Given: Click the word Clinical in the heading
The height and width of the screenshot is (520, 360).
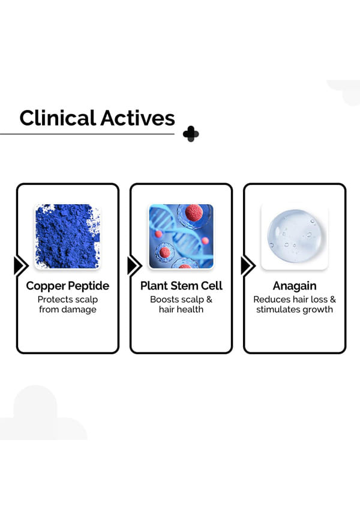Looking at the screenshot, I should click(x=57, y=118).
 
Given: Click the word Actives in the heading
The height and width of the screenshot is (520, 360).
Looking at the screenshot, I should click(x=137, y=118).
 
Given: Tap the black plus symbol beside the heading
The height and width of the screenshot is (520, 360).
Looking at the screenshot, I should click(x=191, y=134).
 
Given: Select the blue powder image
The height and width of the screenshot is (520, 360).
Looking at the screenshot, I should click(x=67, y=236).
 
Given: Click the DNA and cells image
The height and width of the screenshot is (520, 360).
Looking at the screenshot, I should click(x=181, y=236).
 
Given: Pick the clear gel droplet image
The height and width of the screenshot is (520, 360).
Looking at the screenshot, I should click(x=294, y=236).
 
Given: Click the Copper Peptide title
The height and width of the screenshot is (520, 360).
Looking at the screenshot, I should click(x=67, y=285).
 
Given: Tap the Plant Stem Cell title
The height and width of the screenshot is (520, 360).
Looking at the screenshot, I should click(x=181, y=285).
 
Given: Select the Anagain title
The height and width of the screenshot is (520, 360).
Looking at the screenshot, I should click(x=294, y=285).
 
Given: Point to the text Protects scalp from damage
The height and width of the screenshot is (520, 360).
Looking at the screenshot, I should click(x=67, y=304).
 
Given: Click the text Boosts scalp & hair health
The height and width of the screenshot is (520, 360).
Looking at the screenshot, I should click(x=181, y=304).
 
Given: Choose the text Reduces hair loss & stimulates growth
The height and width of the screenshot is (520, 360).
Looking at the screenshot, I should click(x=294, y=304).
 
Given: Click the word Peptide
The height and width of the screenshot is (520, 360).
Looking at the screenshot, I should click(x=89, y=285).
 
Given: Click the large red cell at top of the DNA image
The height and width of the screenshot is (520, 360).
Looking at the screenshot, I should click(x=193, y=213).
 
